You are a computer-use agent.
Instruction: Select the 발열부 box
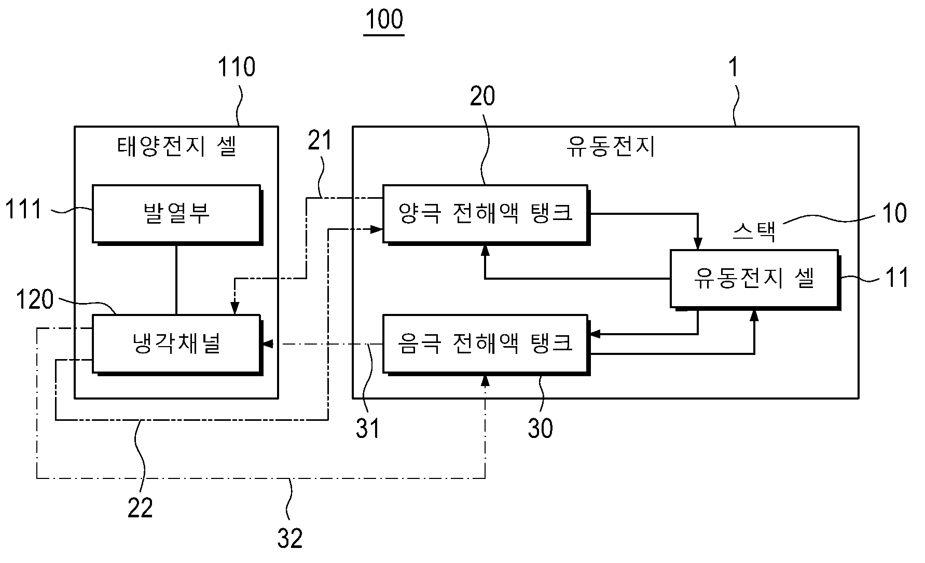(x=177, y=214)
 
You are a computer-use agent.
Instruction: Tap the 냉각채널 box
(x=177, y=344)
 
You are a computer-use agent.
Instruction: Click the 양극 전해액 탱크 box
(x=486, y=213)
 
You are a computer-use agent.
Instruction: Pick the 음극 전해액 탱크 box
(x=486, y=343)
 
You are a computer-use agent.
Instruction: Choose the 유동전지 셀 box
(x=754, y=279)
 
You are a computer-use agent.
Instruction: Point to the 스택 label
(x=754, y=232)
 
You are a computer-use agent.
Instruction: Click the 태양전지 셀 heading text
(x=177, y=147)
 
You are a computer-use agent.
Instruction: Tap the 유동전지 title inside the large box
(x=610, y=147)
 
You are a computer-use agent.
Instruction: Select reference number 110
(x=236, y=67)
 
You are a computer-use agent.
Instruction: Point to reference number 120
(x=35, y=299)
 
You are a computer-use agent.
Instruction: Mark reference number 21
(x=320, y=140)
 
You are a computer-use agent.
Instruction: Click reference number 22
(x=141, y=507)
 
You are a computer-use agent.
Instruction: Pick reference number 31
(x=368, y=429)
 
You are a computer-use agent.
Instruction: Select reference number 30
(x=541, y=429)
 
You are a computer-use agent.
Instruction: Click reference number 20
(x=482, y=96)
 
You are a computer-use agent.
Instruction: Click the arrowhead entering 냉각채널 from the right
(x=267, y=344)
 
